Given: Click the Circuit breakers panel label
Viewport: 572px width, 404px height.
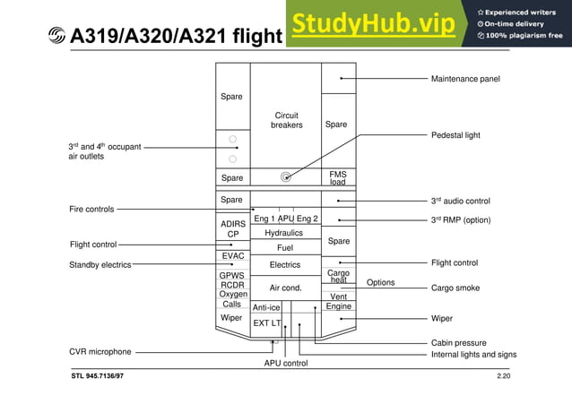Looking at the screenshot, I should (x=286, y=120).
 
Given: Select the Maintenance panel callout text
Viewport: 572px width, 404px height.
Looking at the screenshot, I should (x=465, y=79).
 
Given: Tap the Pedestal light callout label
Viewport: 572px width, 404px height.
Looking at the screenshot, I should (x=455, y=135).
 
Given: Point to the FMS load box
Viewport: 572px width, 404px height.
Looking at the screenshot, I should (x=337, y=177).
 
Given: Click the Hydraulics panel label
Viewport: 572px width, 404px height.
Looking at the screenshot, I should (x=283, y=233).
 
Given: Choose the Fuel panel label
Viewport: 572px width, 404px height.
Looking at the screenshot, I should (x=285, y=248).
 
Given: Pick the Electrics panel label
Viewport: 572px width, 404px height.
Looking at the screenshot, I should (x=285, y=265).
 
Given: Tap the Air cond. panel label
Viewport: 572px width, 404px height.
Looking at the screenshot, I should (x=285, y=288).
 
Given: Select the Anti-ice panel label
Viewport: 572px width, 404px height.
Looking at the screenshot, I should (x=266, y=307).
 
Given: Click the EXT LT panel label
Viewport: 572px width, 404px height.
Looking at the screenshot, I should (x=267, y=322).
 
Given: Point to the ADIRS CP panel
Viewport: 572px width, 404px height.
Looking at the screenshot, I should (x=232, y=228).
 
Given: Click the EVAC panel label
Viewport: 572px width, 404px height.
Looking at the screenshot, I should (x=232, y=256).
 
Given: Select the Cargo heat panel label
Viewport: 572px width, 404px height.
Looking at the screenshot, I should (x=338, y=276).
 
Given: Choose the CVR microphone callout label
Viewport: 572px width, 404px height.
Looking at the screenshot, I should (x=100, y=352).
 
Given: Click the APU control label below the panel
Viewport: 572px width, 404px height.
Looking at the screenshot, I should (x=285, y=364).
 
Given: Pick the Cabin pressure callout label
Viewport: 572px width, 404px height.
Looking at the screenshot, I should (x=458, y=343).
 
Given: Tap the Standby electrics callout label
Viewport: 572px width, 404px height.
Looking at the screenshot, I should (x=100, y=265).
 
